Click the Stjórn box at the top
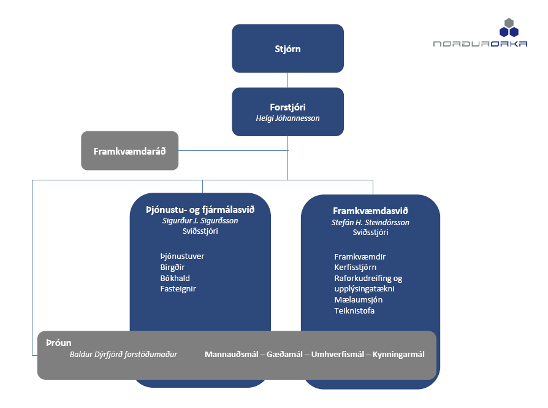coord(287,48)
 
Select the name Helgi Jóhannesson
coord(287,118)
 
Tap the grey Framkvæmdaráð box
coord(130,151)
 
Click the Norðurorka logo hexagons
coord(509,28)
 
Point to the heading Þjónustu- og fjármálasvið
coord(200,210)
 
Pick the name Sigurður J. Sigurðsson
coord(200,221)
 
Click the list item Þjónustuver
coord(183,256)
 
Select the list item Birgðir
coord(173,268)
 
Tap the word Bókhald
coord(175,278)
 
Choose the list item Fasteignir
coord(178,289)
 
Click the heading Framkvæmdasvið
coord(370,211)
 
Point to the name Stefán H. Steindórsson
coord(370,223)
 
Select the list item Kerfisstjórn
coord(356,268)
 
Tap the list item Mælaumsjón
coord(359,300)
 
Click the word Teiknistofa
coord(354,310)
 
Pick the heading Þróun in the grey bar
coord(59,343)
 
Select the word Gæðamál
coord(284,355)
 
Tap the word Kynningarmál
coord(398,355)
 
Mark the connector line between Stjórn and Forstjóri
coord(287,80)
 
